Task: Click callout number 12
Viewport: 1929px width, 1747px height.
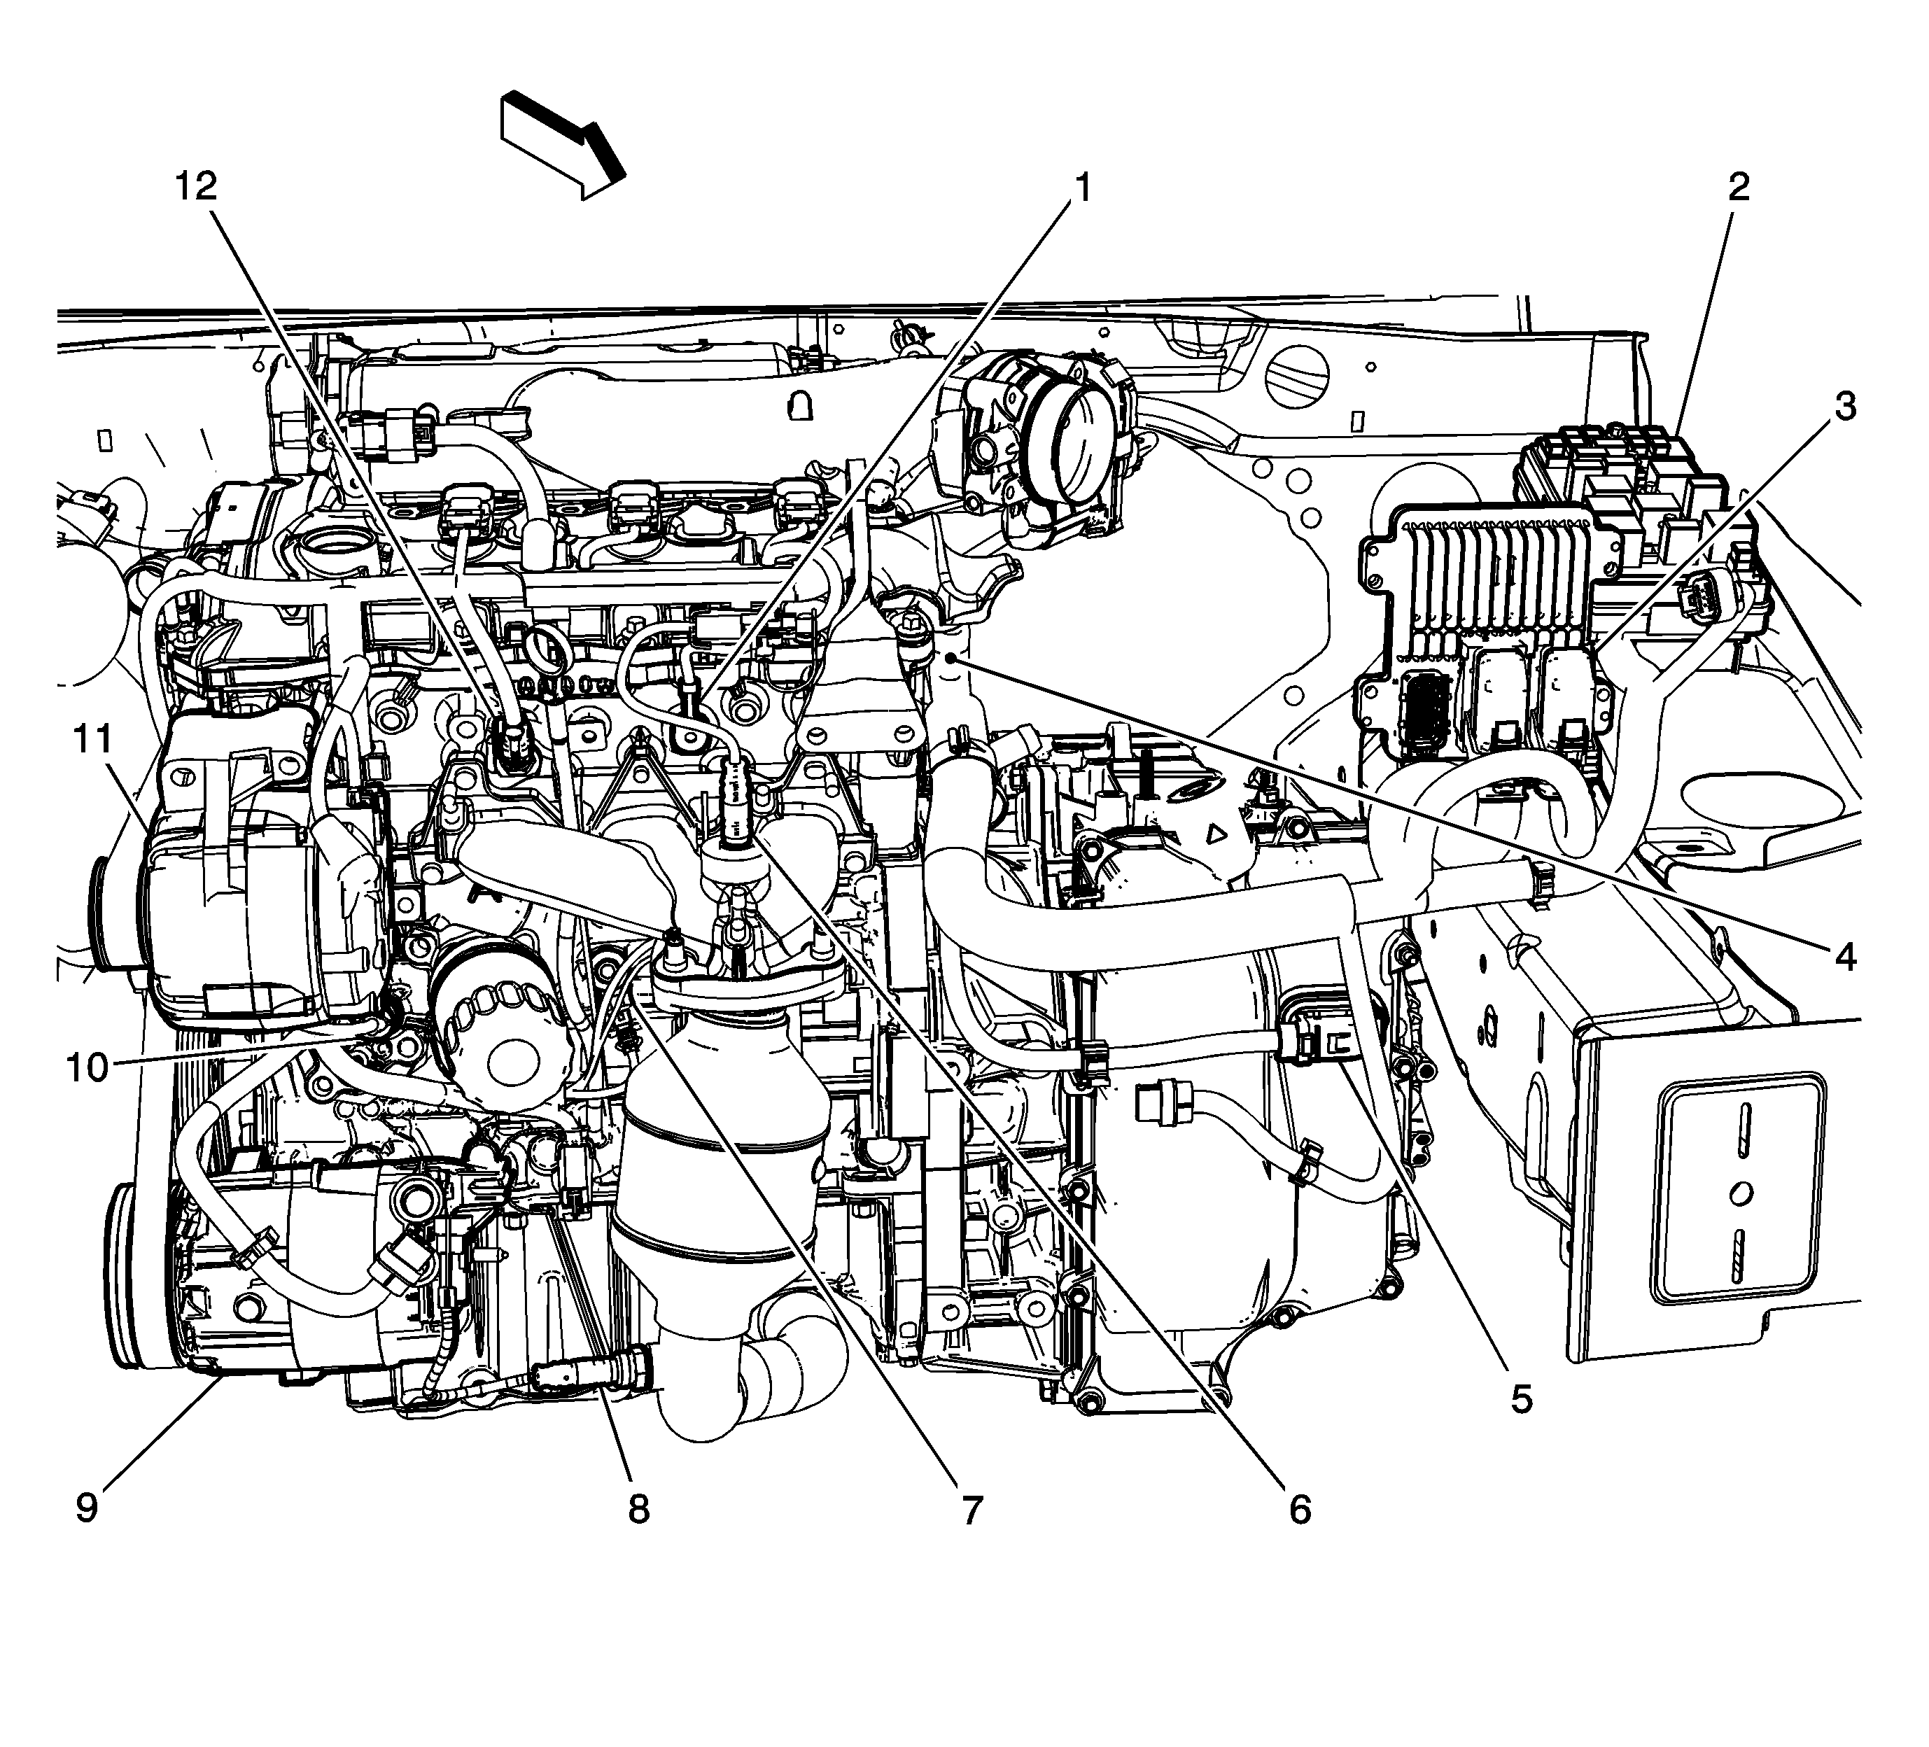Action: pyautogui.click(x=195, y=187)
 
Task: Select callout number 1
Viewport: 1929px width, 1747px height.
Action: pyautogui.click(x=1081, y=188)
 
